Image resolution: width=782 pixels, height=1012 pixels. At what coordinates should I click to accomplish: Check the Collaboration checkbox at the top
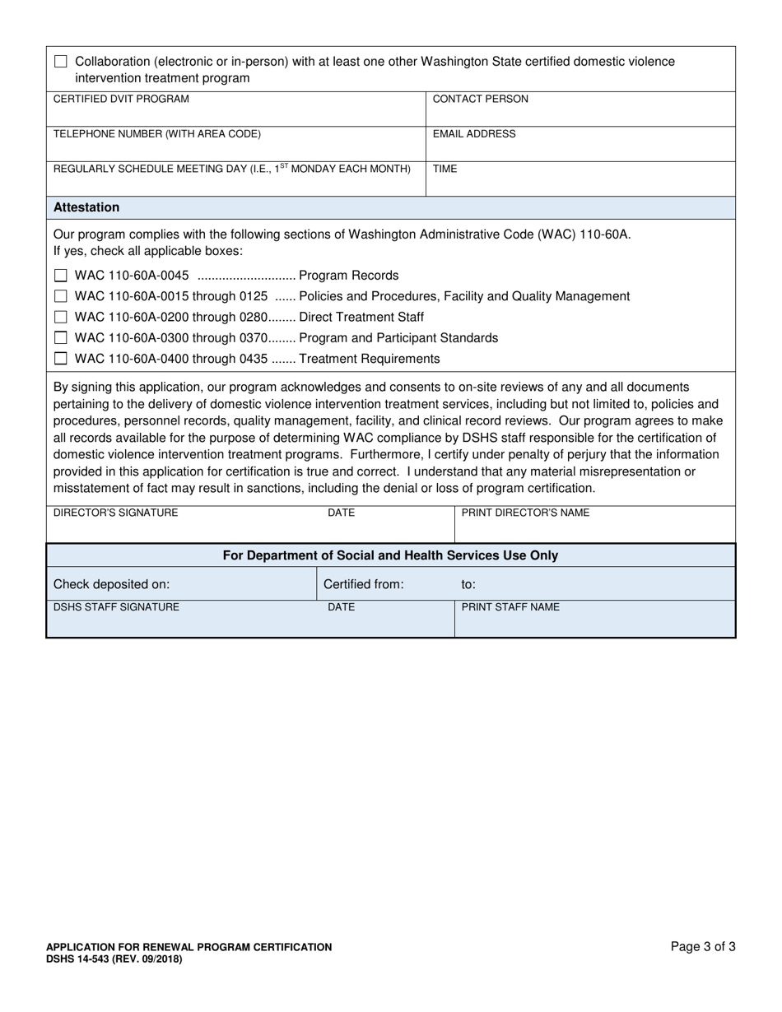click(61, 62)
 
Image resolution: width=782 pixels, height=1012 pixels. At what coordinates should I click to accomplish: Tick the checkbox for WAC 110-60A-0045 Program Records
click(61, 276)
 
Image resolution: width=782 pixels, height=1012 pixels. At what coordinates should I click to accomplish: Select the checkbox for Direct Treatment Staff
click(61, 317)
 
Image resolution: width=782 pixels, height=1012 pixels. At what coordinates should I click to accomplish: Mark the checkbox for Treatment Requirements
click(61, 359)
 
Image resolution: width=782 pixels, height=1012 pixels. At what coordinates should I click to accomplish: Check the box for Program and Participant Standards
click(61, 337)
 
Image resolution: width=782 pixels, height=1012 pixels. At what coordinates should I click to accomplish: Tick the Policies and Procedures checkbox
click(61, 296)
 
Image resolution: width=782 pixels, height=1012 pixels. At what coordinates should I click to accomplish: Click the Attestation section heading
click(86, 207)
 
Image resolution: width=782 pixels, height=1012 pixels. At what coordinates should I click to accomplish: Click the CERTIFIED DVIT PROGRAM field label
click(121, 99)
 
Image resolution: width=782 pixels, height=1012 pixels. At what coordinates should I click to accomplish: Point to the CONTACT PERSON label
click(480, 99)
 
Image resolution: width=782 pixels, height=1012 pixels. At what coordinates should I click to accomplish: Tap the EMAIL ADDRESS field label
click(474, 134)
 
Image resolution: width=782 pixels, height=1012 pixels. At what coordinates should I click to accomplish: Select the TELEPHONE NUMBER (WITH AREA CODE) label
click(156, 134)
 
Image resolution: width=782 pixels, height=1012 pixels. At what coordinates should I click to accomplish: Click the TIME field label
click(445, 169)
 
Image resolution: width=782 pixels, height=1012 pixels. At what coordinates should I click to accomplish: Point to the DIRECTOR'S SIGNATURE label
click(115, 513)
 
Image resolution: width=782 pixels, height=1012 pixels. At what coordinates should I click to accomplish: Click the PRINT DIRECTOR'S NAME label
click(525, 513)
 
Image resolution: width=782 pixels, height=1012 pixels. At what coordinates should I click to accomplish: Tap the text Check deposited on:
click(111, 584)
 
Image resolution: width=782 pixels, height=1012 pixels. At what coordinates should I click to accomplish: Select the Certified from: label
click(363, 584)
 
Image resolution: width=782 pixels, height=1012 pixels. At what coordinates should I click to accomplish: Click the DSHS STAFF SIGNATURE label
click(116, 607)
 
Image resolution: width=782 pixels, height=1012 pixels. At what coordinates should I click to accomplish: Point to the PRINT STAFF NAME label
click(510, 607)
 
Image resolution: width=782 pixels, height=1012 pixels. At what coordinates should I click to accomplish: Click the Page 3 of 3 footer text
click(703, 946)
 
